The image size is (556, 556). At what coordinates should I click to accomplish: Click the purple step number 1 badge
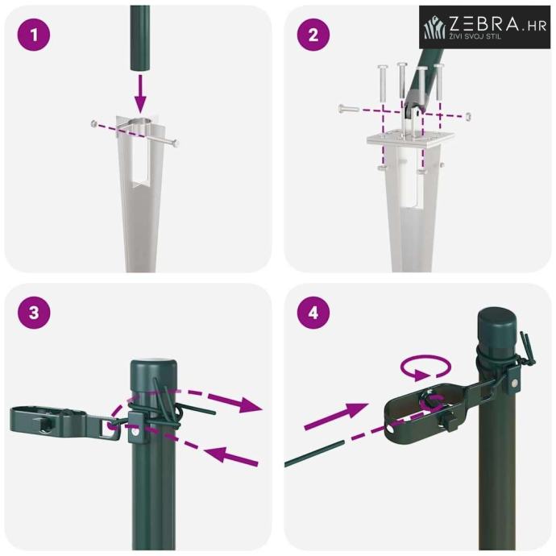34,35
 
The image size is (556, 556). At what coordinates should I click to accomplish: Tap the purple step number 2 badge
313,35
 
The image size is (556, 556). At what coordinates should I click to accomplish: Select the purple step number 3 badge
34,313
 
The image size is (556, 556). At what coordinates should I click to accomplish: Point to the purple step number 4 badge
313,313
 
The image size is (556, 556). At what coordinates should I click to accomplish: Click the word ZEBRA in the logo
483,23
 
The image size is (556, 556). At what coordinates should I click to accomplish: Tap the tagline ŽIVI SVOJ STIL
475,36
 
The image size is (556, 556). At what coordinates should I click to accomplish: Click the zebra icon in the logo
435,27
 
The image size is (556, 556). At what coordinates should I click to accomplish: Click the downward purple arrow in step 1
140,94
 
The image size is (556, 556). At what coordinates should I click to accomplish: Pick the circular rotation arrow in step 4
425,367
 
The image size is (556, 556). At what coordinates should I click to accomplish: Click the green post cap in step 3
153,376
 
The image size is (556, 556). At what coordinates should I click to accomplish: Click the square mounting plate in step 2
410,139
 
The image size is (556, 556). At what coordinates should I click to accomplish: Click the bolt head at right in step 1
175,143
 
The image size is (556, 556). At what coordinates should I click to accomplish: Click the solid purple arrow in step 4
336,417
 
